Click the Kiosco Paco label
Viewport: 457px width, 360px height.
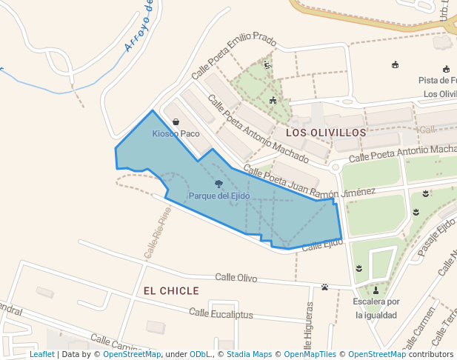[x=176, y=133]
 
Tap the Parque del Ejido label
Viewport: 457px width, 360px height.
[x=219, y=196]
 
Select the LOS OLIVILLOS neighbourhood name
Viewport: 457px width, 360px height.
[x=326, y=132]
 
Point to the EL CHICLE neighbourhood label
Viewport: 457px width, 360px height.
[x=171, y=290]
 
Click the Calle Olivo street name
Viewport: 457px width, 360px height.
[x=236, y=278]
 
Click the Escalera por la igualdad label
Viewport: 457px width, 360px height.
[x=376, y=308]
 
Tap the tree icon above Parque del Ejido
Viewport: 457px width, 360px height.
[x=219, y=183]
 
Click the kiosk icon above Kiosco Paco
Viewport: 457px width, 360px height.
[x=176, y=121]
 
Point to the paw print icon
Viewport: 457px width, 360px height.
[x=325, y=287]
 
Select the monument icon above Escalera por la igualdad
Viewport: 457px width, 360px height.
[x=376, y=290]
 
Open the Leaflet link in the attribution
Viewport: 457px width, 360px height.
[x=41, y=354]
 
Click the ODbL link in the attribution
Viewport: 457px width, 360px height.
[x=201, y=354]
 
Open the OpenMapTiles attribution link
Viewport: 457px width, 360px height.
[x=310, y=354]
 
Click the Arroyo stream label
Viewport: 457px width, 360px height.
[x=139, y=27]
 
